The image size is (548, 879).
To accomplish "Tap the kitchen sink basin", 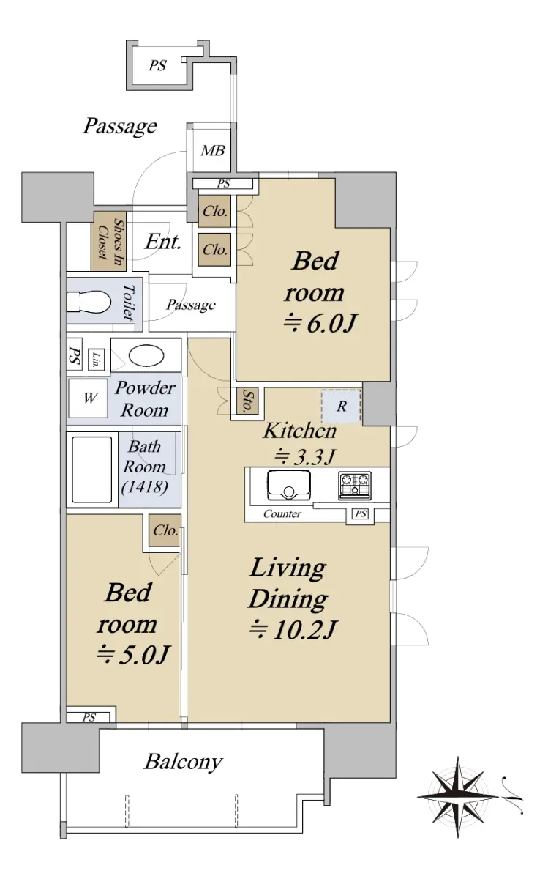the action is point(289,485).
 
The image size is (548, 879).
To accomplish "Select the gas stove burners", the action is point(355,486).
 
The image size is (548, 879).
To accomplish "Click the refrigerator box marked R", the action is point(341,406).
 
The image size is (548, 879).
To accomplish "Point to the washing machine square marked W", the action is point(89,398).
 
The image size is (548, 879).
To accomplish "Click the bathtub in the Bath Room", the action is point(92,470).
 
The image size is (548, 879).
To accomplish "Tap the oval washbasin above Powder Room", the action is point(146,355).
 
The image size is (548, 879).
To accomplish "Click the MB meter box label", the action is point(213,150).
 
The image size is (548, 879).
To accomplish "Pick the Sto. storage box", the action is point(247,401).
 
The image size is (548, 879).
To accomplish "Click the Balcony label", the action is point(184,762).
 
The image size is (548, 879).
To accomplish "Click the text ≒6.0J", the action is point(320,323).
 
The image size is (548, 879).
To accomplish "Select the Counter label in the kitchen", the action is point(282,513).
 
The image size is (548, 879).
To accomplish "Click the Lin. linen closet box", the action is point(96,359).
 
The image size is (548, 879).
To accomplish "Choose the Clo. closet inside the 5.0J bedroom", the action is point(165,530).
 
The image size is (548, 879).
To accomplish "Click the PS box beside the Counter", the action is point(361,513).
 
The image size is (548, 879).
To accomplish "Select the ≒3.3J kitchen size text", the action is point(304,456).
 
